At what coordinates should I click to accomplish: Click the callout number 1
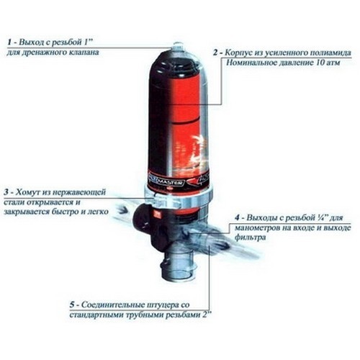9,42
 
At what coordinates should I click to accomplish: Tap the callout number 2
215,53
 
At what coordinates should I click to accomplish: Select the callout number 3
6,192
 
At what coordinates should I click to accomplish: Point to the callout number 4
237,218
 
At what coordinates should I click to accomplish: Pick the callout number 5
72,305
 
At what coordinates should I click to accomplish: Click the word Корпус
237,53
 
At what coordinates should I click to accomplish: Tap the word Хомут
28,192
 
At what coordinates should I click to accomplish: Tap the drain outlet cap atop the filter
178,47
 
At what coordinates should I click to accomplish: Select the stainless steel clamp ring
179,197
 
